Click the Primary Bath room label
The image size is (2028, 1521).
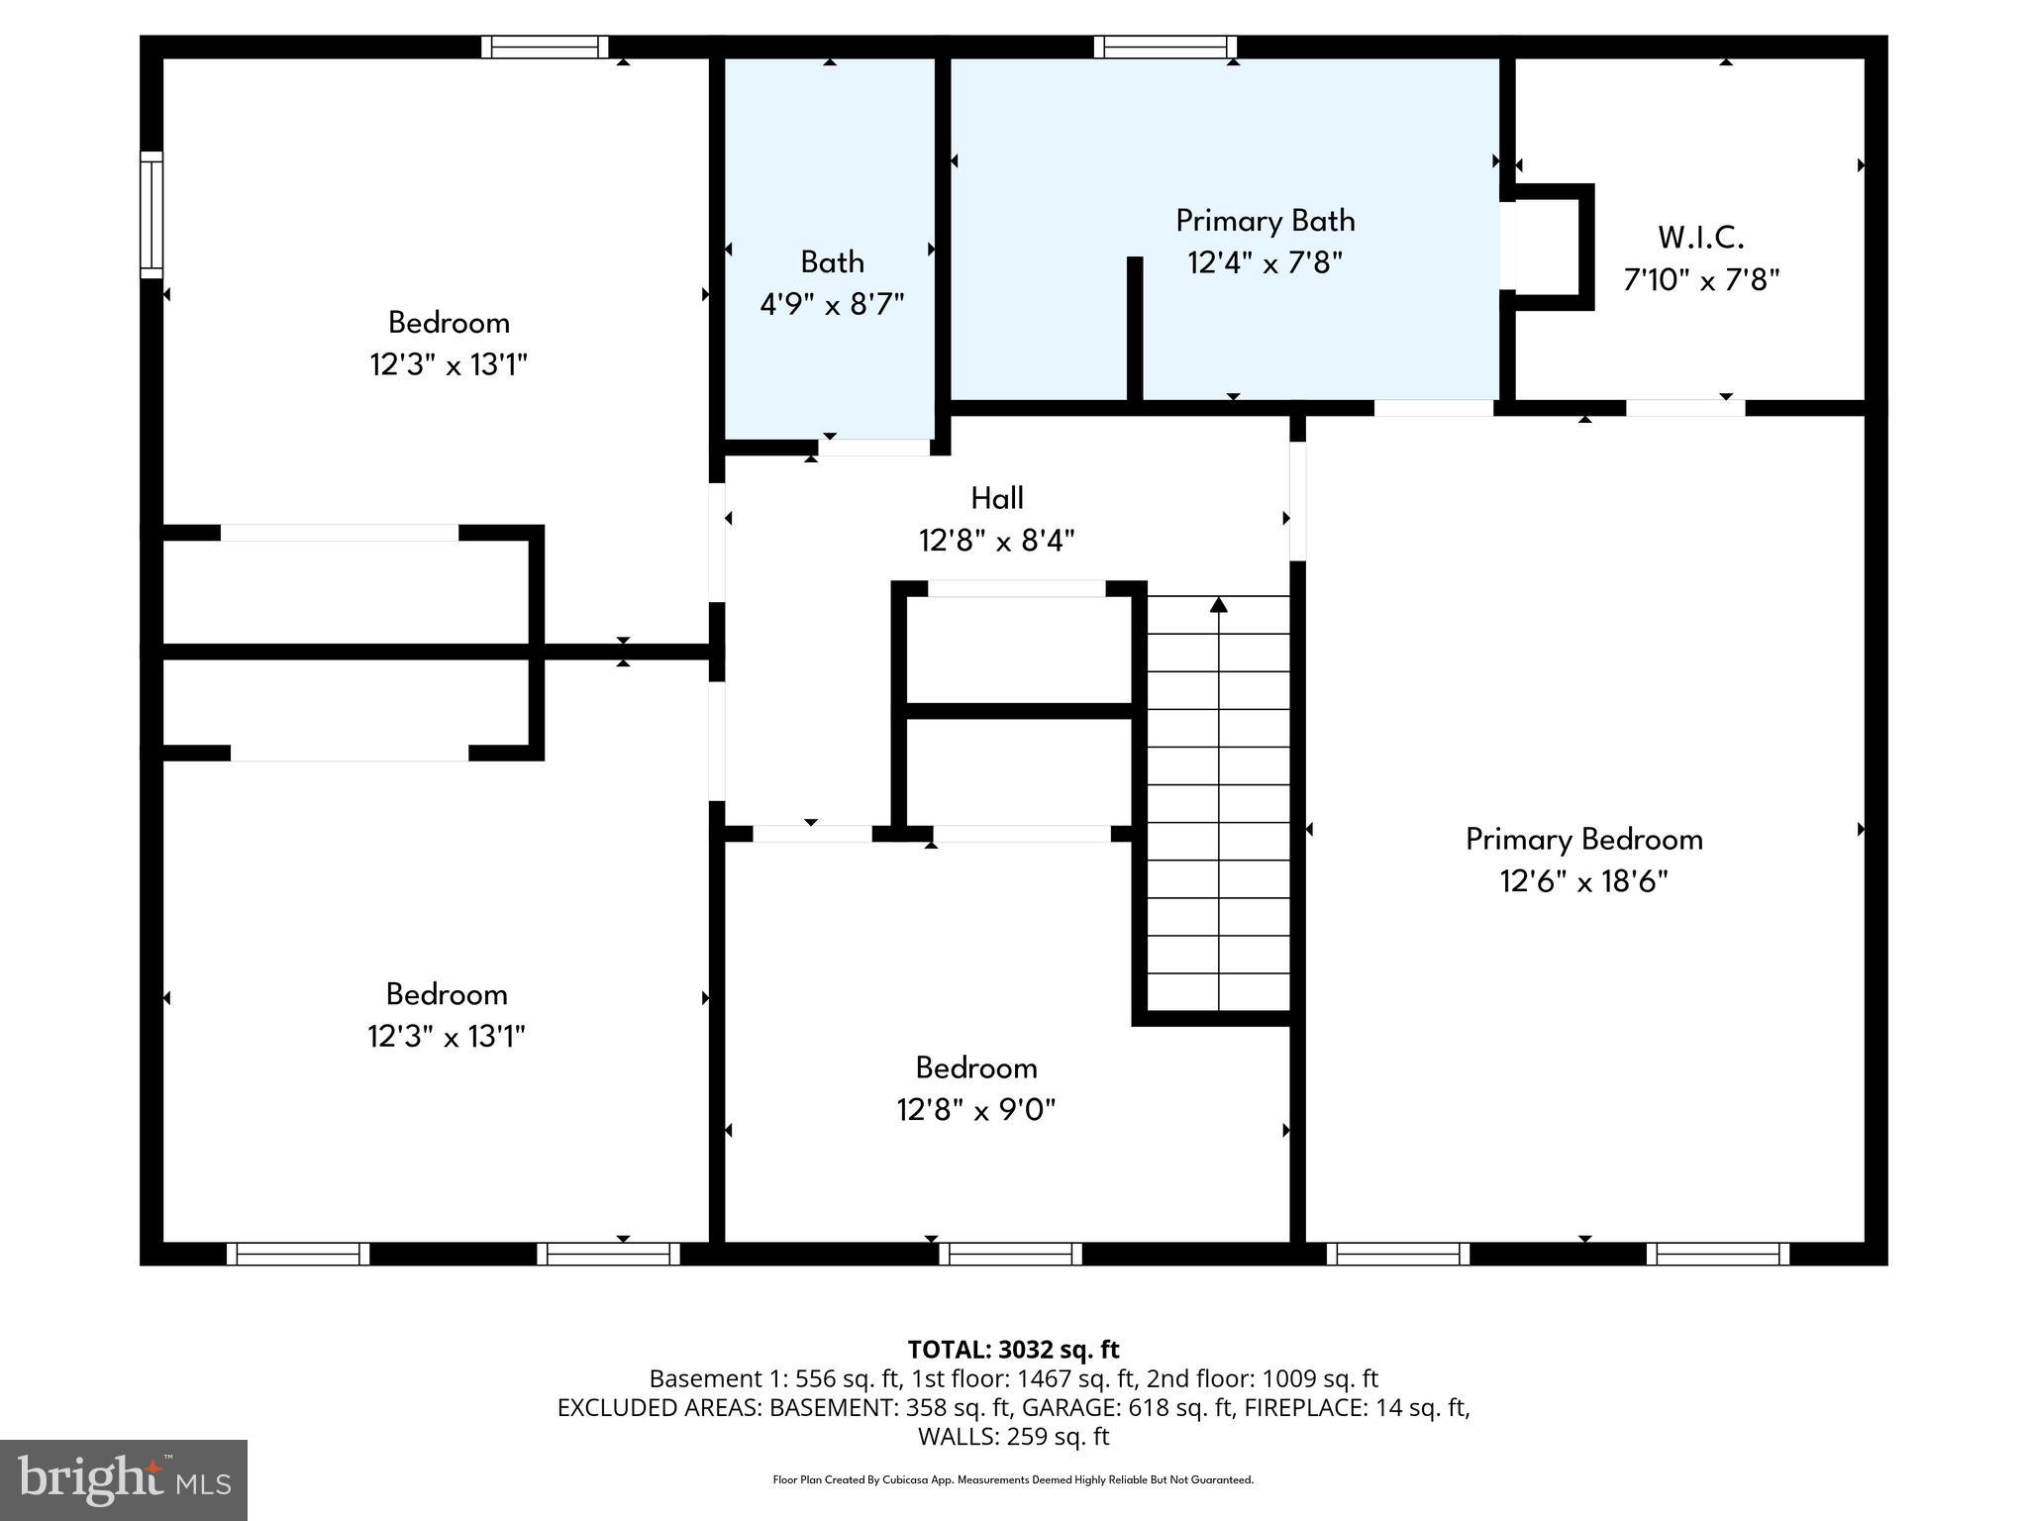pyautogui.click(x=1265, y=221)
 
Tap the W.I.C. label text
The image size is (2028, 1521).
pyautogui.click(x=1700, y=238)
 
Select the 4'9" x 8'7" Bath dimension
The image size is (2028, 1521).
pyautogui.click(x=832, y=304)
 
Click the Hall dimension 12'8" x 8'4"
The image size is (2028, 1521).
pyautogui.click(x=996, y=542)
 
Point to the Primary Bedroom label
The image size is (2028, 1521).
pyautogui.click(x=1583, y=840)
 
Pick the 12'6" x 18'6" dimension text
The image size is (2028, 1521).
pyautogui.click(x=1583, y=881)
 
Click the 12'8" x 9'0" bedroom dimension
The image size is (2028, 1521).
pyautogui.click(x=975, y=1110)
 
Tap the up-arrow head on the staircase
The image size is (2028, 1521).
pyautogui.click(x=1219, y=604)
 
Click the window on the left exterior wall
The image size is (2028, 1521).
pyautogui.click(x=151, y=215)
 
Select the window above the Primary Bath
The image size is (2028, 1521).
pyautogui.click(x=1165, y=47)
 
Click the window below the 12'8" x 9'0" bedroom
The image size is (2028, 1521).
pyautogui.click(x=1010, y=1254)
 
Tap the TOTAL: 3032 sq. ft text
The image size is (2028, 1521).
pyautogui.click(x=1013, y=1350)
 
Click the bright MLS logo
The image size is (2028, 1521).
pyautogui.click(x=124, y=1479)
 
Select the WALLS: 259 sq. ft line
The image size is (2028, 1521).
pyautogui.click(x=1013, y=1436)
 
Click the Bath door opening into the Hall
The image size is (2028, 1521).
pyautogui.click(x=873, y=448)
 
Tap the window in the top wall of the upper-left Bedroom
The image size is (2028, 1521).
pyautogui.click(x=545, y=47)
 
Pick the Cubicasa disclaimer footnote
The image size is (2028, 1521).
pyautogui.click(x=1013, y=1480)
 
